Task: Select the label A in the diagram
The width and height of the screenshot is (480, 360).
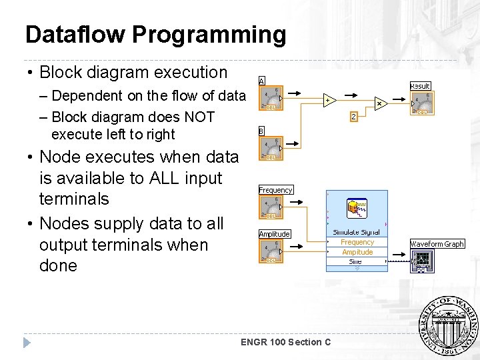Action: click(261, 81)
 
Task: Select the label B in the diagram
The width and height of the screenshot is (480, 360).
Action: click(261, 131)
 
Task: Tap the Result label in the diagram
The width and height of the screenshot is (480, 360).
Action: click(420, 86)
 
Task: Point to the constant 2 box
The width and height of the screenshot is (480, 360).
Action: click(354, 117)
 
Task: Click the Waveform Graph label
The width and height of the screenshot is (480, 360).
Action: click(437, 244)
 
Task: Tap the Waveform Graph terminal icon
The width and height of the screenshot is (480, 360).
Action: click(422, 261)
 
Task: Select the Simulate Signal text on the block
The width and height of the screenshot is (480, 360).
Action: click(357, 232)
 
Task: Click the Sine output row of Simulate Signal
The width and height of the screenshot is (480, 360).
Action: click(356, 261)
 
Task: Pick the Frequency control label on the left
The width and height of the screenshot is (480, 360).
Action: click(275, 190)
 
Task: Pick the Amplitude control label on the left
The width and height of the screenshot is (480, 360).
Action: click(274, 234)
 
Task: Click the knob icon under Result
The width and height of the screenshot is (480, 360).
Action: click(421, 103)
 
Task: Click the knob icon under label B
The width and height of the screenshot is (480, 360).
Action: click(271, 148)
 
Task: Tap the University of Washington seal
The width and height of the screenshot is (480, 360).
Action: click(448, 325)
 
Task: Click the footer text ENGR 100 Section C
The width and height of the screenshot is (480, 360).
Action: click(285, 342)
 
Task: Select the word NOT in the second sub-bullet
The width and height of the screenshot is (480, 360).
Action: click(198, 117)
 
